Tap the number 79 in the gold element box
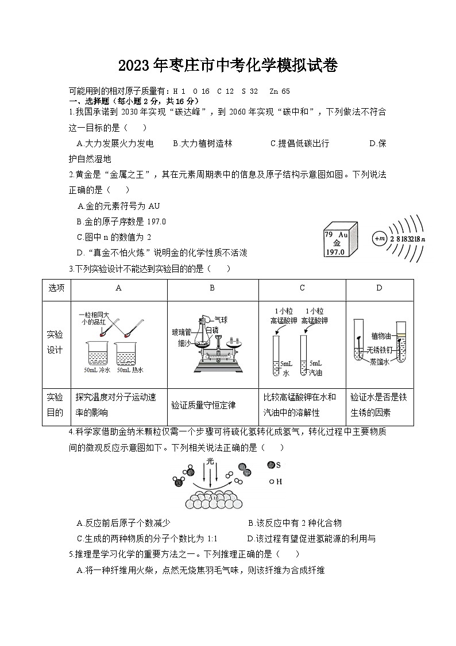pos(329,235)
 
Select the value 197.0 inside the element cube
pos(334,252)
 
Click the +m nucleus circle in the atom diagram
pos(379,238)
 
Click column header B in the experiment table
pos(212,288)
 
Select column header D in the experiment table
pos(379,288)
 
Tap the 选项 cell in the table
pos(56,288)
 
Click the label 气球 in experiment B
pos(221,319)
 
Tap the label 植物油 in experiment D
pos(381,336)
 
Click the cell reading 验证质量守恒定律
pos(203,405)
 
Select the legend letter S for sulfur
pos(278,465)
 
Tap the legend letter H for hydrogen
pos(279,481)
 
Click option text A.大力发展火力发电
pos(115,144)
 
